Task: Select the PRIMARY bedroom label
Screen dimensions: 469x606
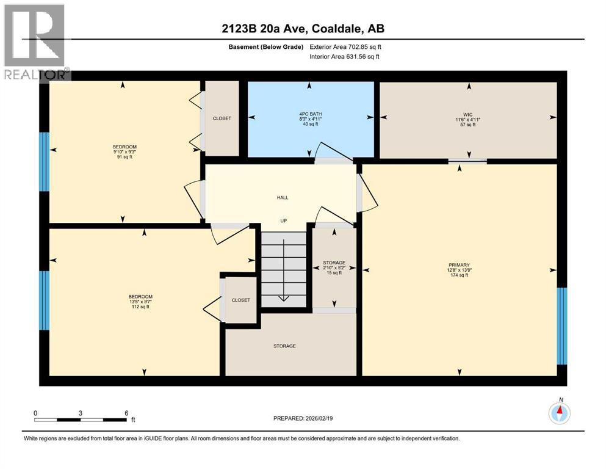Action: [x=458, y=265]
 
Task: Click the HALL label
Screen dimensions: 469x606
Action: [x=283, y=197]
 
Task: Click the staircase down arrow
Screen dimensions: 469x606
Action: [x=283, y=297]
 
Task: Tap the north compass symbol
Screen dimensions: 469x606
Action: [x=558, y=413]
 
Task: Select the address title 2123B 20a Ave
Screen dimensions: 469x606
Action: [x=303, y=29]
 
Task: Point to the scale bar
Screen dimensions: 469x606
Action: [x=81, y=420]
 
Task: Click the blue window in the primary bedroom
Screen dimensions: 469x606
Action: [x=561, y=326]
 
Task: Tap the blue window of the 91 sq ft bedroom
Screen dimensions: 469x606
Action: [x=43, y=161]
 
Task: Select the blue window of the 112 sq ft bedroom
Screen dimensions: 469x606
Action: [x=43, y=300]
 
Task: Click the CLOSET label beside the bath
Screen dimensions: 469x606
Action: [x=222, y=118]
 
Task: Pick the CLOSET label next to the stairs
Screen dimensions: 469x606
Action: [x=240, y=300]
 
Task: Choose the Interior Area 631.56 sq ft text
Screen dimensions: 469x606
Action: [x=345, y=57]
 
